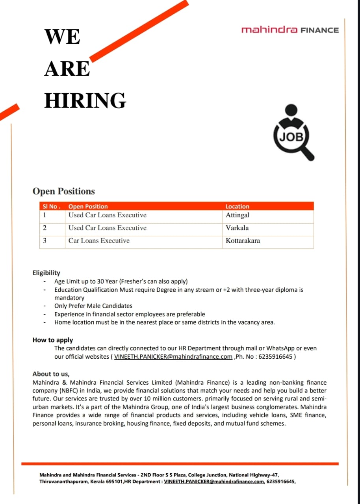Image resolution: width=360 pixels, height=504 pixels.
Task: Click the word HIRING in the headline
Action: click(x=85, y=100)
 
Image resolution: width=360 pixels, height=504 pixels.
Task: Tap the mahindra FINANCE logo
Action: click(x=290, y=30)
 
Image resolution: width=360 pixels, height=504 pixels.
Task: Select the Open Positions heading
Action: click(x=63, y=191)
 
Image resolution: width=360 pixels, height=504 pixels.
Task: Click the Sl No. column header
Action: click(x=52, y=206)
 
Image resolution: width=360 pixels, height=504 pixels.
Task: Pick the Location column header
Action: click(x=237, y=206)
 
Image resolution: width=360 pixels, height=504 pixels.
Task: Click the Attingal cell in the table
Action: click(x=238, y=215)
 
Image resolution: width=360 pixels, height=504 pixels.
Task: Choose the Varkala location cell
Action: click(x=237, y=228)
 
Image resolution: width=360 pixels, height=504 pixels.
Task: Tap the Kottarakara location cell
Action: click(x=243, y=241)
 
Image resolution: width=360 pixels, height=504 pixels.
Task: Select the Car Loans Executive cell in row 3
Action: click(x=99, y=241)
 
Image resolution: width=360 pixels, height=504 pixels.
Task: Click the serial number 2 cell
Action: click(x=45, y=228)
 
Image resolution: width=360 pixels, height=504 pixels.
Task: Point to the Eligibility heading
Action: click(x=46, y=272)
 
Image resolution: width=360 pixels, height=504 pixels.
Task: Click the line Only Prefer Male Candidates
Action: click(x=93, y=306)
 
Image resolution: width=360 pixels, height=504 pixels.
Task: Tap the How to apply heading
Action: click(x=53, y=340)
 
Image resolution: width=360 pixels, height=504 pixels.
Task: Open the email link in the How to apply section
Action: click(x=173, y=357)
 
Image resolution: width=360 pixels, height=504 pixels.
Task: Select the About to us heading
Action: click(x=51, y=374)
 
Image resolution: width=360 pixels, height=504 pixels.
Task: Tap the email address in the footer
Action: click(x=214, y=482)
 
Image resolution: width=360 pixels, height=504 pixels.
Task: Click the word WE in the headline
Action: click(x=62, y=37)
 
